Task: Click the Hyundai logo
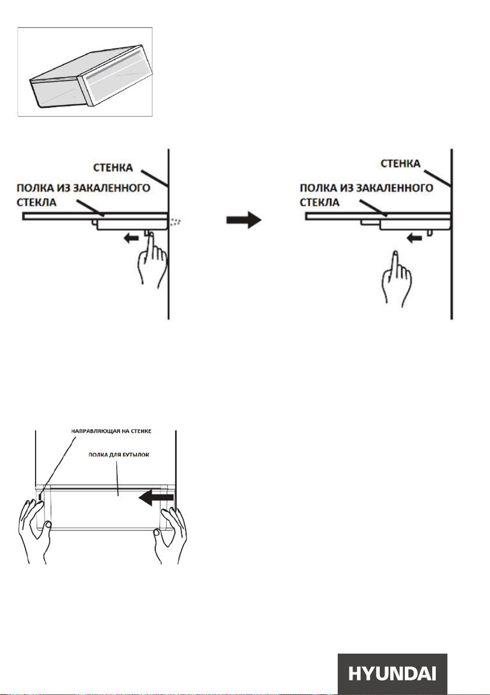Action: (x=393, y=674)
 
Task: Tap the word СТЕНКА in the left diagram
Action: (x=113, y=167)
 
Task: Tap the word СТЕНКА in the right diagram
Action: (x=400, y=164)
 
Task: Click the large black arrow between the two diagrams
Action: (x=244, y=220)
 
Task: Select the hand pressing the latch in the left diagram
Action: (x=152, y=259)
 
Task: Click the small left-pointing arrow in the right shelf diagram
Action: (x=414, y=238)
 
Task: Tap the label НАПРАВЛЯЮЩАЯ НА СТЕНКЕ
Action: (x=111, y=431)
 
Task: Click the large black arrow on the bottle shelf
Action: (x=156, y=498)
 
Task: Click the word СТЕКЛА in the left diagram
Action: (x=36, y=202)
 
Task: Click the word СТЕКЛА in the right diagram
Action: (x=319, y=202)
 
